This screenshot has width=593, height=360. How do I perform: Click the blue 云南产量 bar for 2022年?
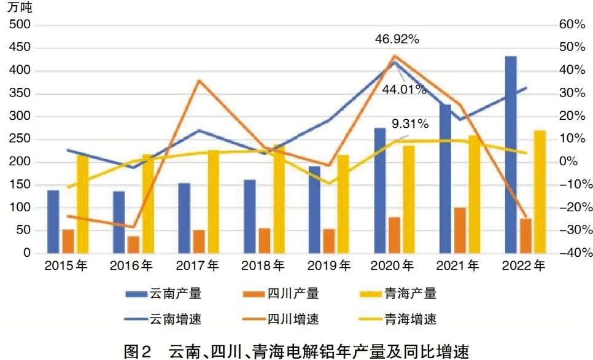click(x=511, y=154)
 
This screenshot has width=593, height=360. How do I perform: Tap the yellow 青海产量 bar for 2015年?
click(x=82, y=203)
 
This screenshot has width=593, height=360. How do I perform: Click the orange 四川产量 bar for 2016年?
click(x=133, y=245)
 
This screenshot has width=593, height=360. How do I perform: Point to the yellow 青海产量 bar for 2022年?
click(x=540, y=192)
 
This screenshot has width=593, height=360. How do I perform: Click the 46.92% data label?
click(x=397, y=40)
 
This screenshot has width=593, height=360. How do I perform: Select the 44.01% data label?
click(x=405, y=90)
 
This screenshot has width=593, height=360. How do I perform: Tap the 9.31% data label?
click(x=407, y=124)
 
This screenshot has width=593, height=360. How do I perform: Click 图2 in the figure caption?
click(x=137, y=351)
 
